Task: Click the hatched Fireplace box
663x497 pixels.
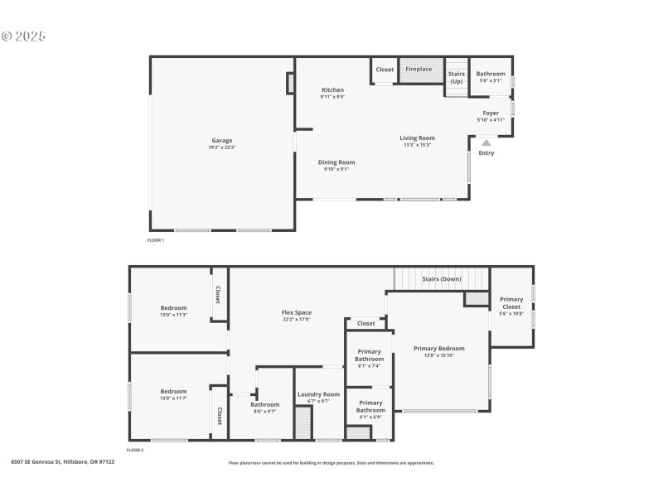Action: point(419,70)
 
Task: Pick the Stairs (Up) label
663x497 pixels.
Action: point(457,76)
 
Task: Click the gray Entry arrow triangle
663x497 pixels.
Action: point(486,142)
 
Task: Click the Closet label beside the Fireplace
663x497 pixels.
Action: point(385,70)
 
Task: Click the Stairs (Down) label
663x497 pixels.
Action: point(442,279)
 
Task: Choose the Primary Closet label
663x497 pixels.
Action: point(511,303)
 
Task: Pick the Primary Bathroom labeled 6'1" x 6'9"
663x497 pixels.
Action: point(370,407)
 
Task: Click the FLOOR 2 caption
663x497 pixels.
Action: point(135,450)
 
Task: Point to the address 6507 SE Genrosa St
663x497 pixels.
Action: point(63,461)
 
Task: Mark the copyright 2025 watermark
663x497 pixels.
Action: point(24,36)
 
